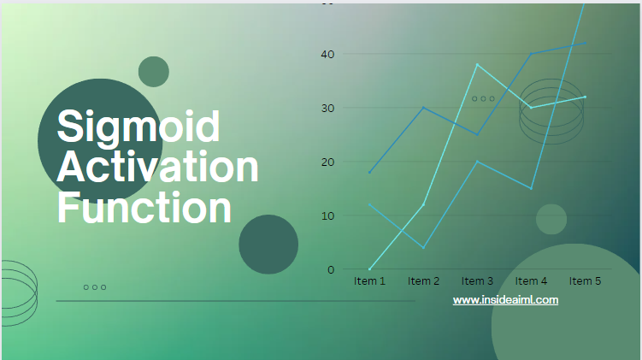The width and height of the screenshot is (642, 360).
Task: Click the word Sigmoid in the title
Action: coord(138,127)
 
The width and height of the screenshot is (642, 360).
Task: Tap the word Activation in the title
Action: coord(157,166)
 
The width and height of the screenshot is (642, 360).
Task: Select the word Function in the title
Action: coord(144,207)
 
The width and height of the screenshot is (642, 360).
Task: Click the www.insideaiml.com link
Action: coord(505,300)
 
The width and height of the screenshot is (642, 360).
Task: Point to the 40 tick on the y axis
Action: coord(328,54)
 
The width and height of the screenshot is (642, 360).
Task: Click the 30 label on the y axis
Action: coord(328,108)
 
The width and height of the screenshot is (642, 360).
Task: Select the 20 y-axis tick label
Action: coord(328,162)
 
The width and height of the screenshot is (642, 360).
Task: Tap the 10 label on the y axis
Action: coord(328,215)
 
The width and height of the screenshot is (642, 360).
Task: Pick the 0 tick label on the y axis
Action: coord(331,270)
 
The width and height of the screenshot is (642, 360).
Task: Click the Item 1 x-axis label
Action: coord(369,281)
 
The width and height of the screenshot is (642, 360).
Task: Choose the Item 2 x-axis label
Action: coord(423,281)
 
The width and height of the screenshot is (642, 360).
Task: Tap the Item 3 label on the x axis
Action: coord(477,281)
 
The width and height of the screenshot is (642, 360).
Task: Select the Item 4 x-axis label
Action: coord(531,281)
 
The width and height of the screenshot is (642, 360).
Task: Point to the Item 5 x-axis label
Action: coord(585,281)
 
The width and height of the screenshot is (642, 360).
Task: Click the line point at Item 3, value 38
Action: coord(477,65)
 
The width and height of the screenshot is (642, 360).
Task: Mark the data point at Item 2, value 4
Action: coord(423,248)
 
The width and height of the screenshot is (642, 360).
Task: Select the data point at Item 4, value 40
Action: coord(531,54)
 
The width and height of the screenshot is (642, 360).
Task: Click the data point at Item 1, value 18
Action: coord(369,173)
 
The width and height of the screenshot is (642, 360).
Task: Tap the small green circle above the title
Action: coord(154,72)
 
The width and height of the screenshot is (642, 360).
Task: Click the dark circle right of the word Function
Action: coord(268,245)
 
